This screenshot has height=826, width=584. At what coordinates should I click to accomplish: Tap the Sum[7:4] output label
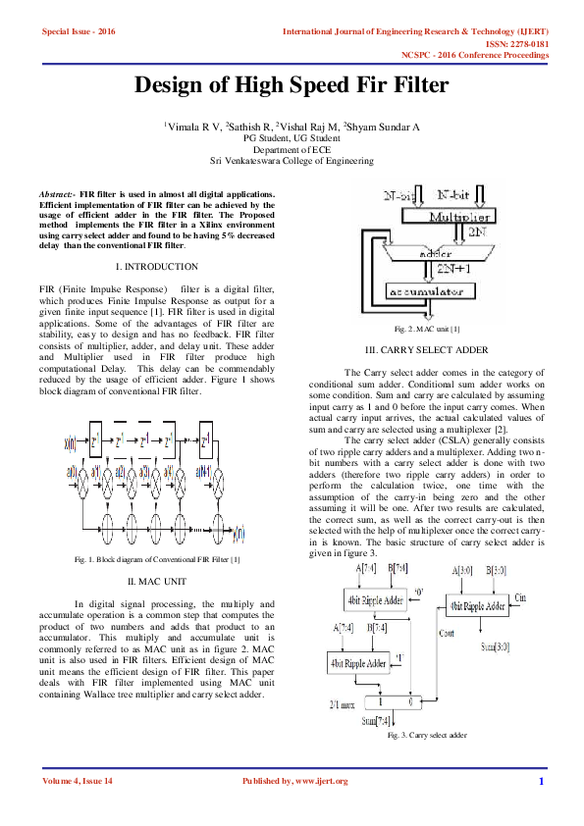pos(375,721)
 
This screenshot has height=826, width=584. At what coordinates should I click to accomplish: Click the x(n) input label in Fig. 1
pos(71,442)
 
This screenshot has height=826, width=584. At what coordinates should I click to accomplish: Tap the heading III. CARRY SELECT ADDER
pos(426,349)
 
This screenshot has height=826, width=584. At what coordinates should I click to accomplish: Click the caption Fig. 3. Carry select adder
pos(426,735)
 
